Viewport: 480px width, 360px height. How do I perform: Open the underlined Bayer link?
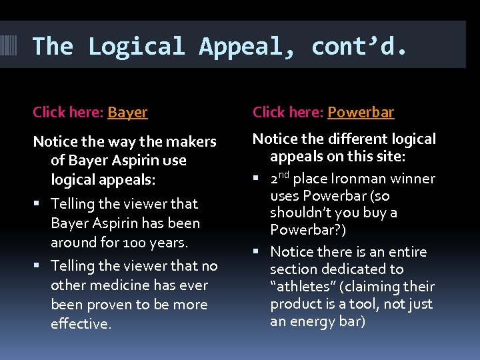tap(127, 112)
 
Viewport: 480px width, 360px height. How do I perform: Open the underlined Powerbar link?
tap(361, 112)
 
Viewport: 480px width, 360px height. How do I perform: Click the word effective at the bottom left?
tap(80, 324)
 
